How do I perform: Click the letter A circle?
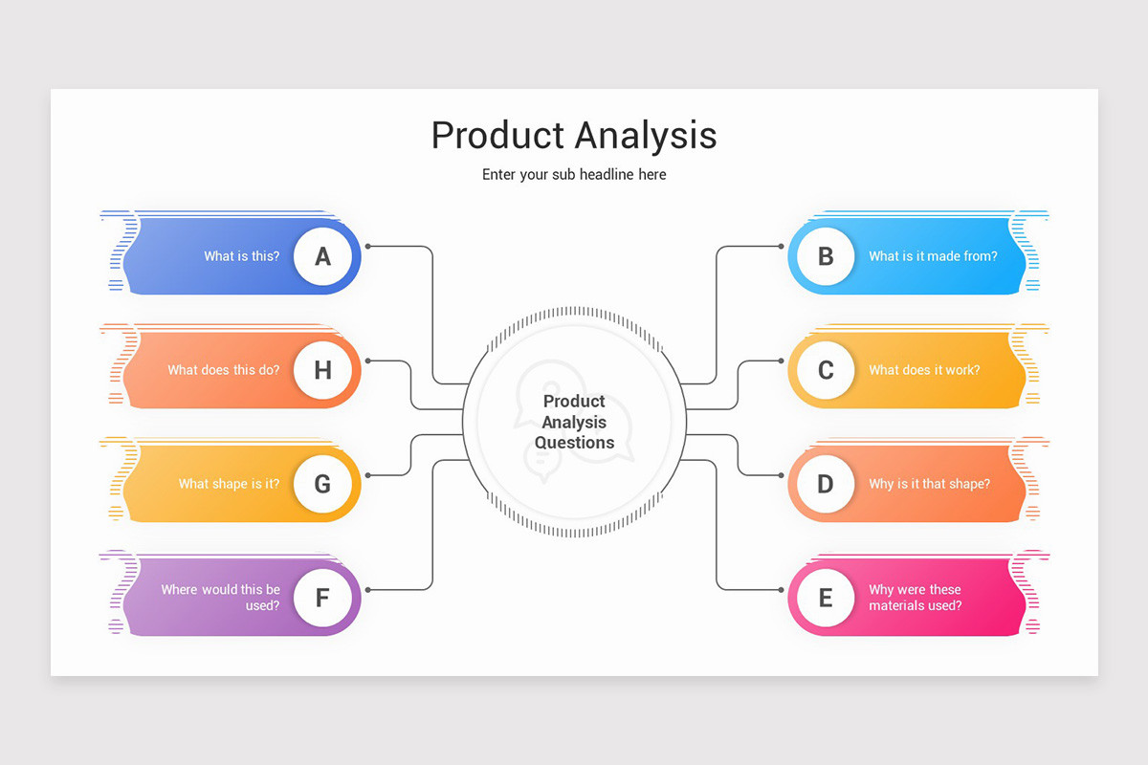pos(322,256)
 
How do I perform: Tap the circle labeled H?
pos(322,370)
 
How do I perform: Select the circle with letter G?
pos(322,484)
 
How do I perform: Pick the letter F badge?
pos(322,599)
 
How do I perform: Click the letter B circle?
pos(825,256)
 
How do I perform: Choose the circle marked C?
pos(825,370)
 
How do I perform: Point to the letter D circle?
pos(825,484)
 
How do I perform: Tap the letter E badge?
pos(825,599)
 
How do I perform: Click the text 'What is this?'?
pos(242,256)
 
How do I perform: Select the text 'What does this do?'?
pos(224,370)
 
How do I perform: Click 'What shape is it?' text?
pos(230,484)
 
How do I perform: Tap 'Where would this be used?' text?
pos(221,598)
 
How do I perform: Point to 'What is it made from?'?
pos(933,256)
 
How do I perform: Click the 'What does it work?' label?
pos(924,370)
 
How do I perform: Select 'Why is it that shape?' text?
pos(929,484)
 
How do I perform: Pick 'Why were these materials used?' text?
pos(916,598)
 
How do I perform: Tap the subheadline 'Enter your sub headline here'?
pos(574,175)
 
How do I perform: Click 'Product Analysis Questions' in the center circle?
pos(574,422)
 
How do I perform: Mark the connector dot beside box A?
pos(368,247)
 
